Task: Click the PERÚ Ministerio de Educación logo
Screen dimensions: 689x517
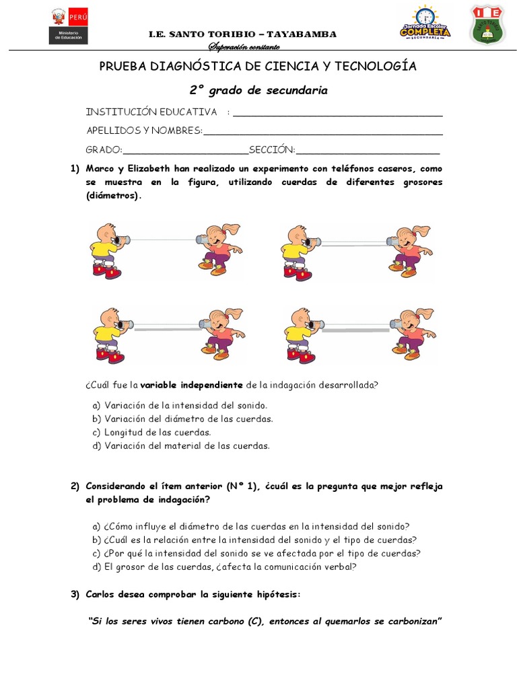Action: (x=68, y=26)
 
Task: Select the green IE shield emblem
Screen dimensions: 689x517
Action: (x=487, y=25)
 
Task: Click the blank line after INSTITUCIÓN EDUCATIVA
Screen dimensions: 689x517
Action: (x=337, y=112)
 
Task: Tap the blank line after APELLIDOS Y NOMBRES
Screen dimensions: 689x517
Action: (x=322, y=131)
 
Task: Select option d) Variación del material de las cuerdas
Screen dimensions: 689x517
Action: (x=180, y=445)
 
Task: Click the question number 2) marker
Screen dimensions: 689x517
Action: (x=75, y=486)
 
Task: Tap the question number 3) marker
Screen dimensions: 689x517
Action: (x=75, y=594)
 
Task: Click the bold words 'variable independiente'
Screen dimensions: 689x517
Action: (x=191, y=385)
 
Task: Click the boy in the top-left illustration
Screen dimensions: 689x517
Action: (x=106, y=251)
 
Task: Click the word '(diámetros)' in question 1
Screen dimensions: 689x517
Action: (x=113, y=196)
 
